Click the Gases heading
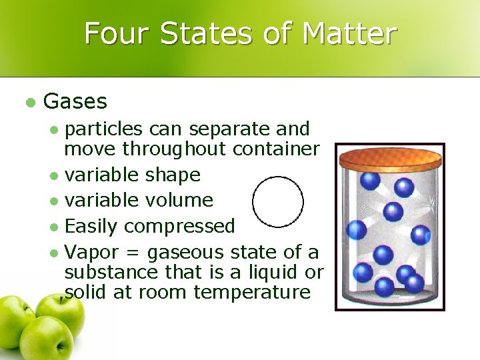(75, 101)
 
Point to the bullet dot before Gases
(29, 102)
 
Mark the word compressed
(179, 226)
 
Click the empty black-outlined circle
(278, 202)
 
